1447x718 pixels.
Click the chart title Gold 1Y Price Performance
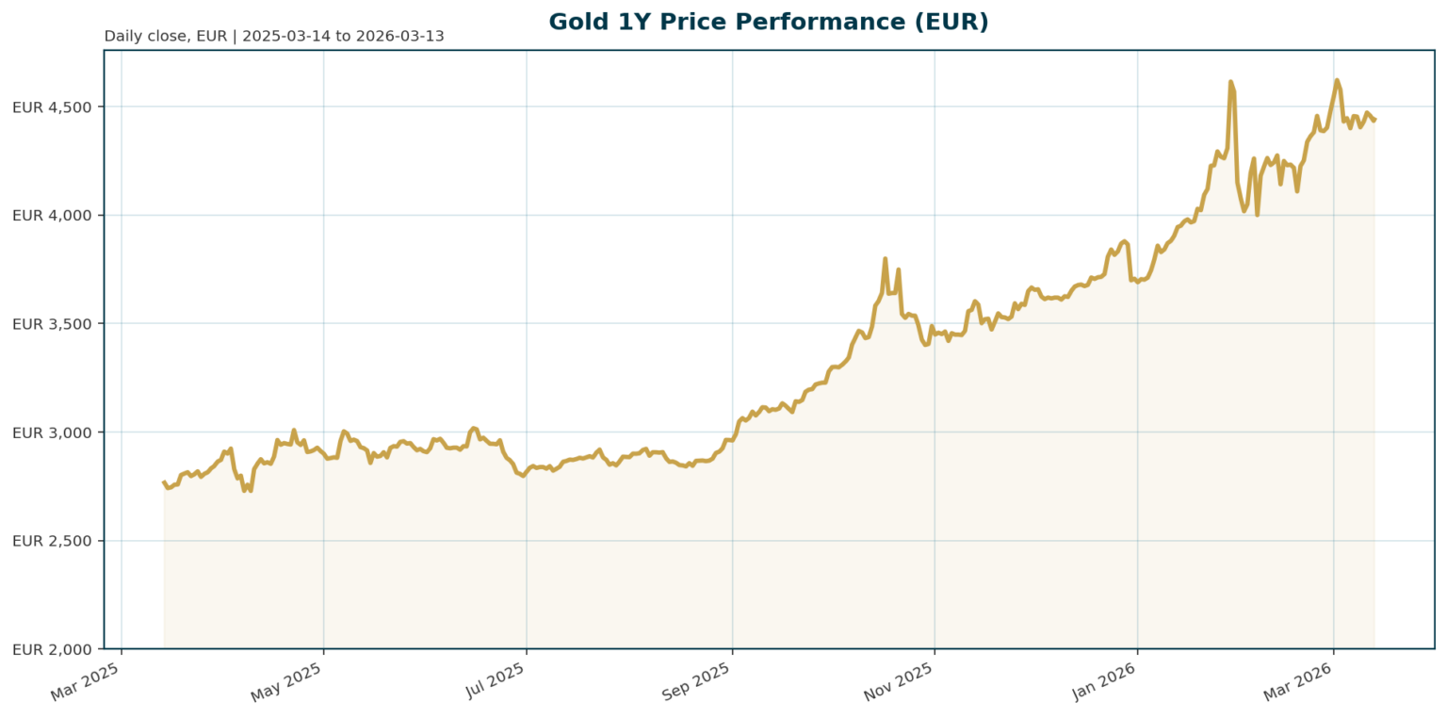[x=768, y=22]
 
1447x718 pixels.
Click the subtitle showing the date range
[x=274, y=37]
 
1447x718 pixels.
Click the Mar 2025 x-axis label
[x=86, y=681]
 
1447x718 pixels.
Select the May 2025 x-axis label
[x=286, y=681]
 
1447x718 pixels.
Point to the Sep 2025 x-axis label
[x=696, y=681]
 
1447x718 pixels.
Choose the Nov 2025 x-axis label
[x=899, y=681]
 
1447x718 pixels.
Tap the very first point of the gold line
[x=164, y=481]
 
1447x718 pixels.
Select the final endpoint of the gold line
[x=1374, y=120]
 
